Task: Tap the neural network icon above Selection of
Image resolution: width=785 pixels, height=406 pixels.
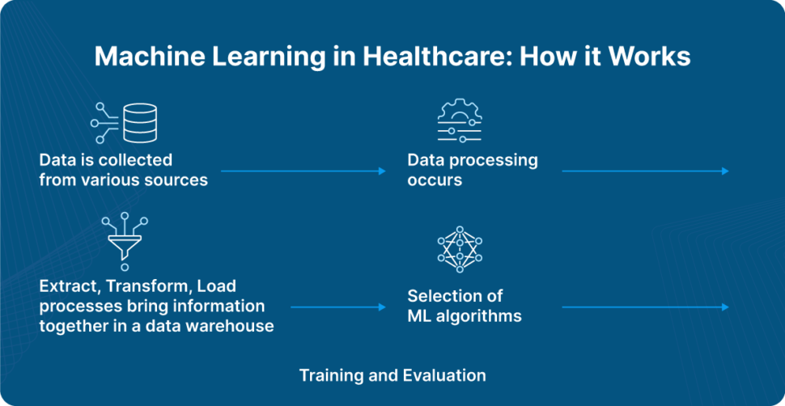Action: pyautogui.click(x=459, y=248)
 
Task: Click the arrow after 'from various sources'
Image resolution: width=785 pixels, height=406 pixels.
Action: pyautogui.click(x=303, y=171)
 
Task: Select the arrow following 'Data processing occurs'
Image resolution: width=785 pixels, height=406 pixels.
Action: pyautogui.click(x=645, y=171)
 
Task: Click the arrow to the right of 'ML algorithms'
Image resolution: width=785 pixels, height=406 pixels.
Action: pyautogui.click(x=645, y=307)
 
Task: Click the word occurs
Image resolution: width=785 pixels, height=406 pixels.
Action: pyautogui.click(x=435, y=180)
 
